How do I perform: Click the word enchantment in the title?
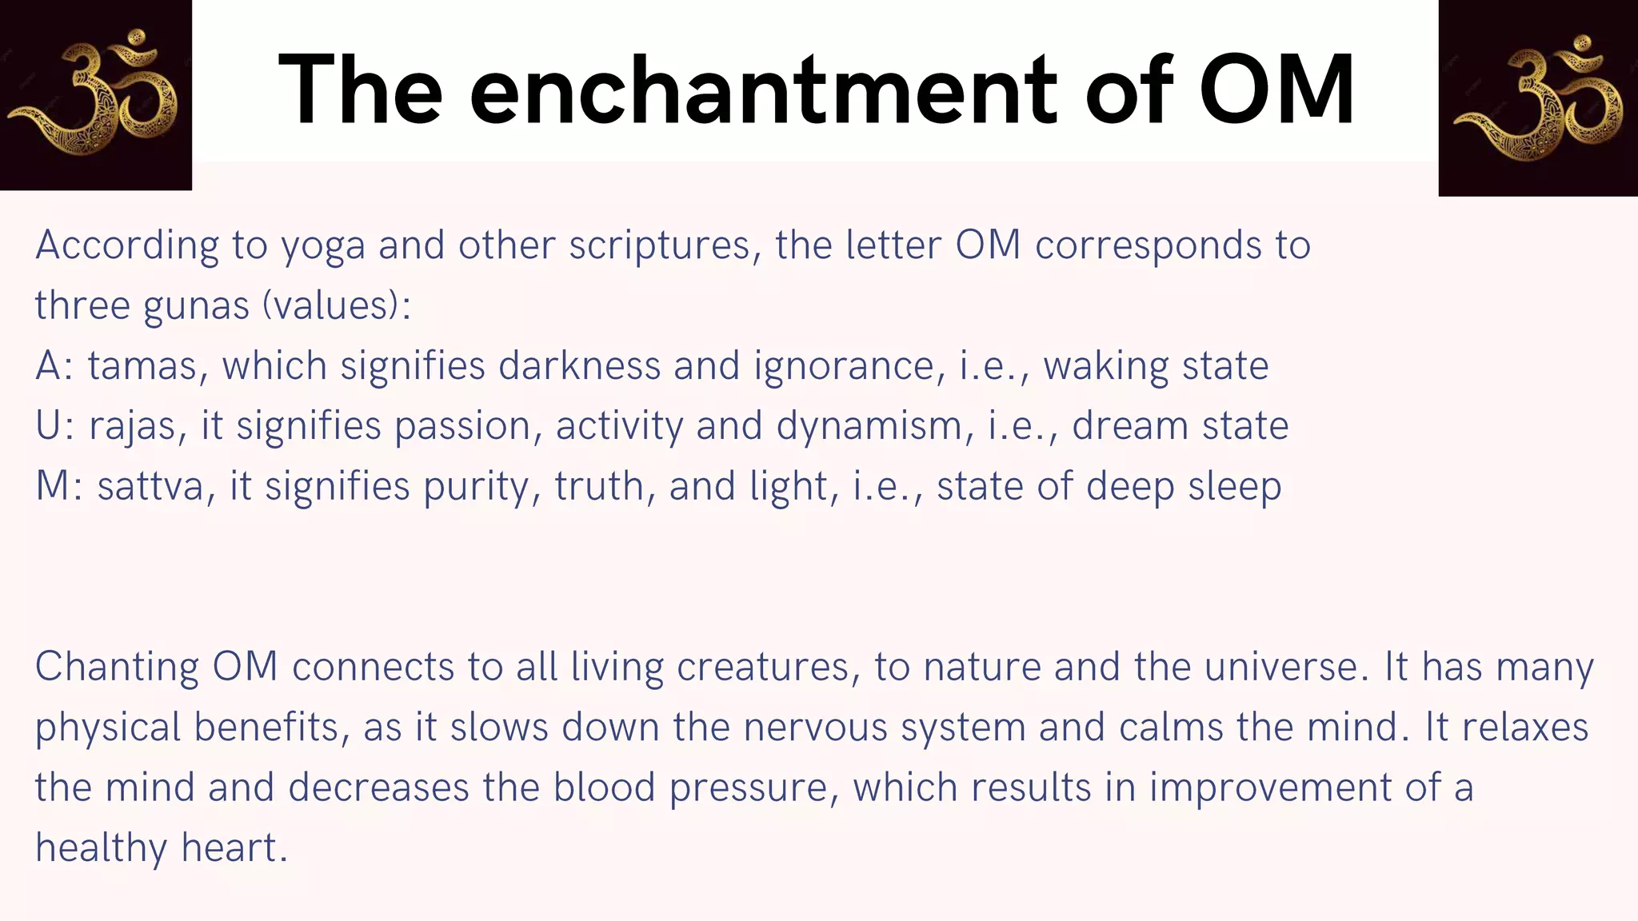point(763,90)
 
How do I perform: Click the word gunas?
point(197,306)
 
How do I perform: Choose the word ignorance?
point(844,366)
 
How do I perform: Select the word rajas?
point(131,426)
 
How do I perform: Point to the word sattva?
point(150,486)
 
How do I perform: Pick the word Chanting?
point(117,667)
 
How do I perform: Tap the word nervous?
point(815,728)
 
